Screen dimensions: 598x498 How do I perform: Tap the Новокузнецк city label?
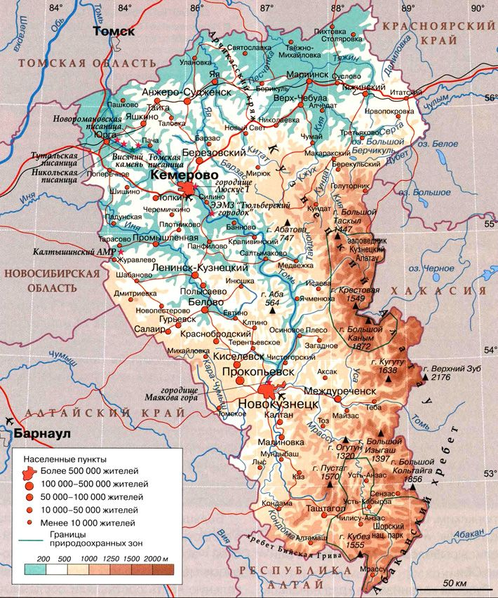tap(279, 405)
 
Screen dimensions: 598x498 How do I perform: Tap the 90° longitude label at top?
tap(478, 8)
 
